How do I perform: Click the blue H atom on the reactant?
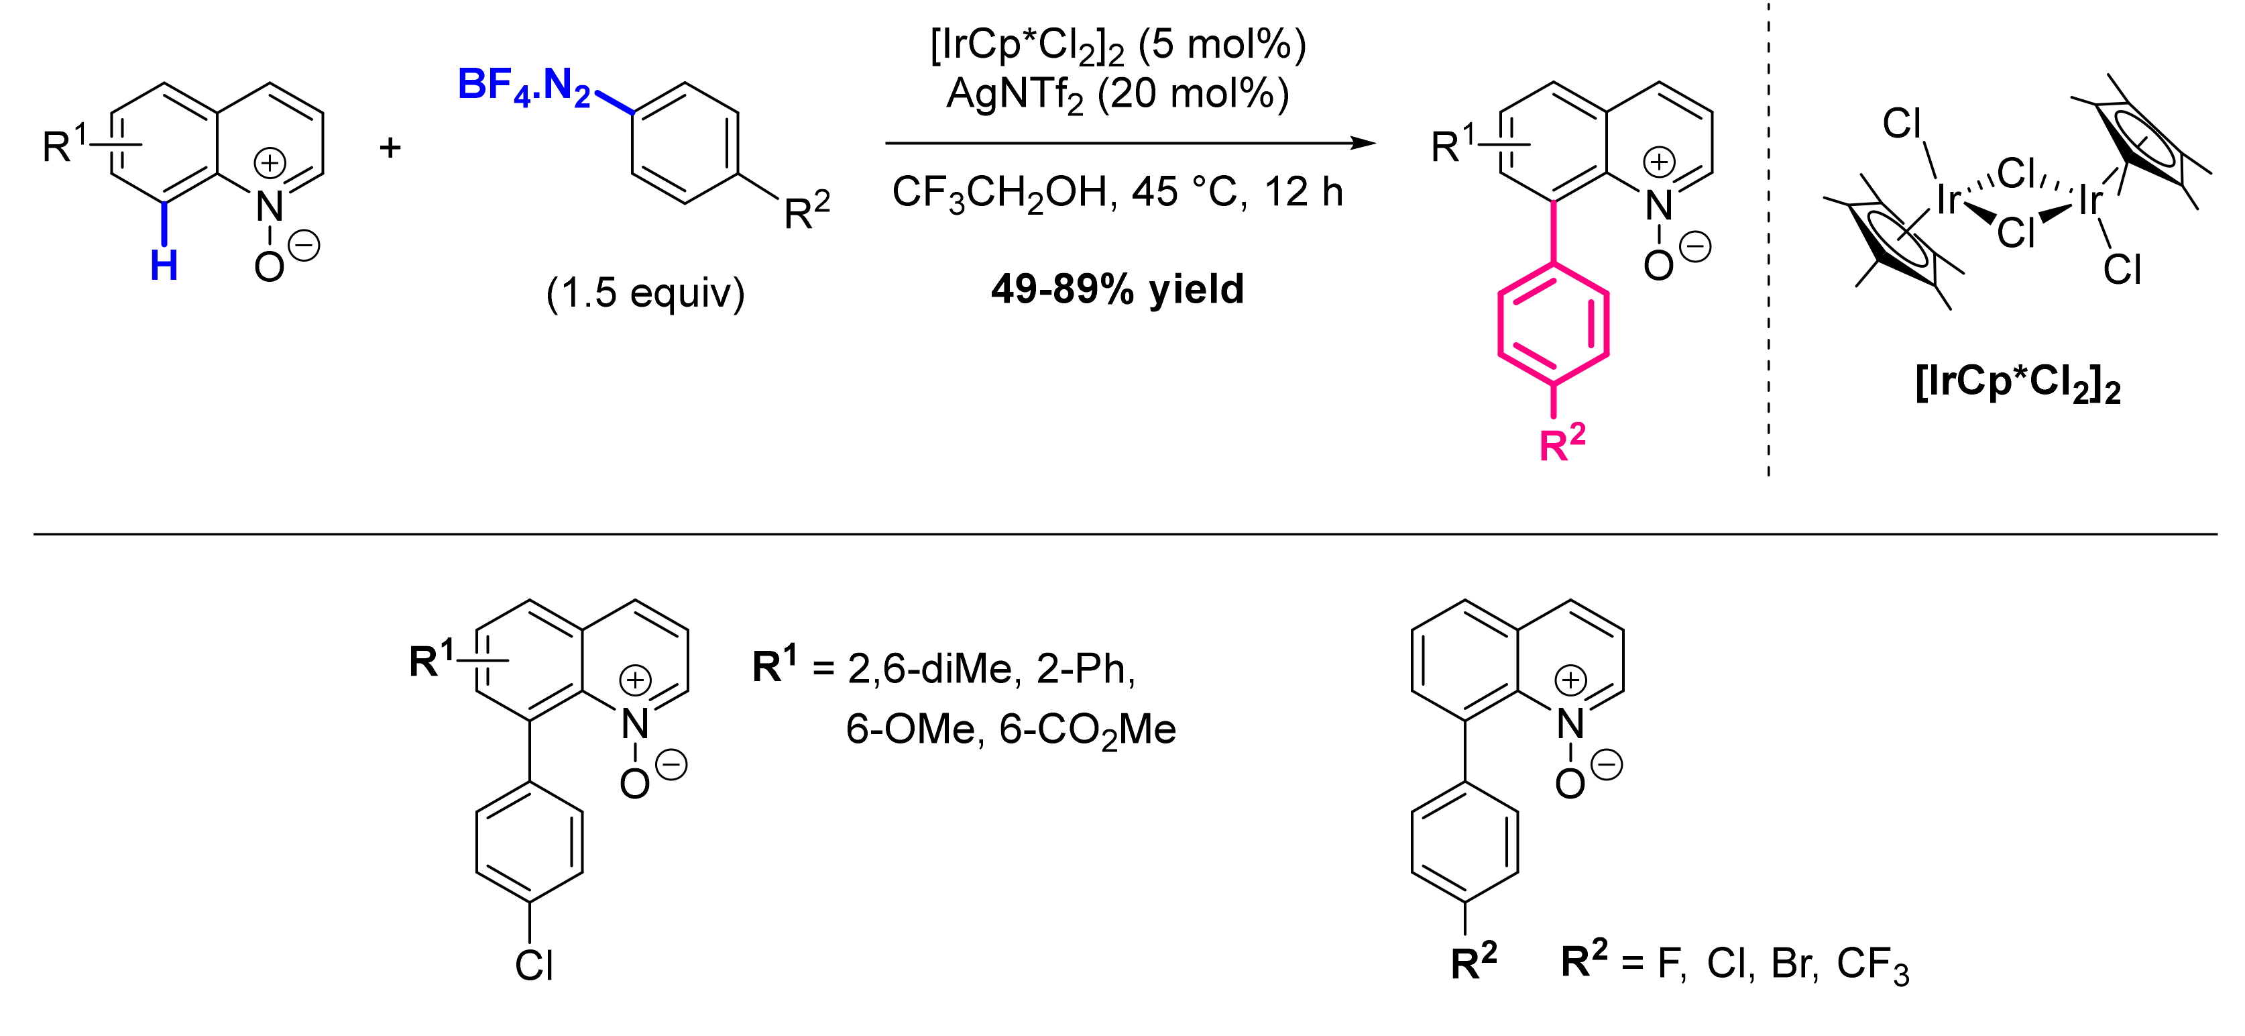tap(164, 265)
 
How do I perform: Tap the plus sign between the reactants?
tap(390, 148)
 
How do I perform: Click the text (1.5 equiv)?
tap(645, 293)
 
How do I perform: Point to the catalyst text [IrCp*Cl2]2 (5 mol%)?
tap(1118, 46)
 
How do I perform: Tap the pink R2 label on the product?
tap(1562, 444)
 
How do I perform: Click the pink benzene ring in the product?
tap(1553, 323)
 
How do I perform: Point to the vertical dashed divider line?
tap(1768, 262)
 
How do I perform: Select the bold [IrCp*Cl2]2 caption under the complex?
tap(2018, 384)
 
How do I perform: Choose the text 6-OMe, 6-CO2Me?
tap(1010, 730)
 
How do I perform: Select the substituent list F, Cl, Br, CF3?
tap(1782, 964)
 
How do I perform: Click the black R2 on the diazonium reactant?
tap(806, 212)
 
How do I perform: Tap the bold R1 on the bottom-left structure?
tap(433, 660)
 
